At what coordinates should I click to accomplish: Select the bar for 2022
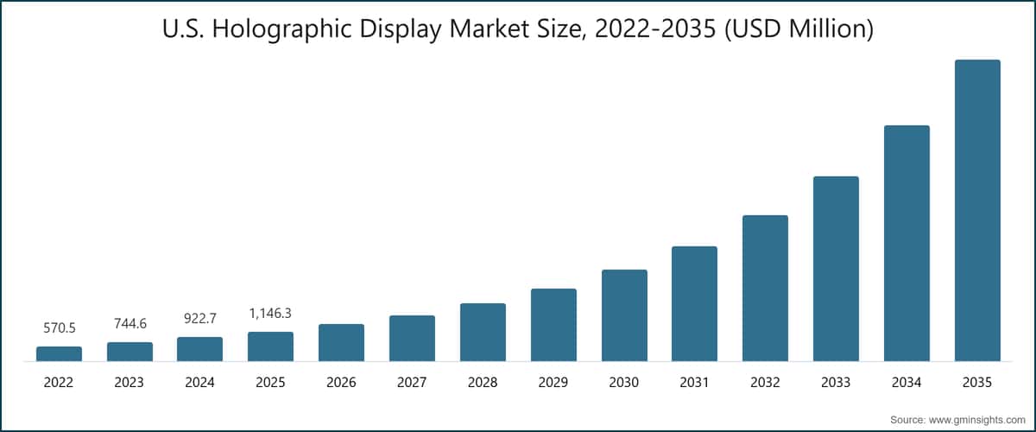[59, 353]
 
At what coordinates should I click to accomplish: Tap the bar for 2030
[624, 315]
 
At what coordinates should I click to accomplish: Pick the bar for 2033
[836, 269]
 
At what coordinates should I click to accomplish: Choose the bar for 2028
[483, 332]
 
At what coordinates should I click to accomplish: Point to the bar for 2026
[341, 342]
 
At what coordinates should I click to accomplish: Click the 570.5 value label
[59, 328]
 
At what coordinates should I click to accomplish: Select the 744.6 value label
[129, 324]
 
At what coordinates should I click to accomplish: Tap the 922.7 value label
[200, 319]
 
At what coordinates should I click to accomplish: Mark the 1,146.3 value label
[270, 314]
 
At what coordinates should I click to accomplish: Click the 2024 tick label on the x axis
[200, 382]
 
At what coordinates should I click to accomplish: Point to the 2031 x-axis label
[694, 382]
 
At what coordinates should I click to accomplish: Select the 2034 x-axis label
[906, 382]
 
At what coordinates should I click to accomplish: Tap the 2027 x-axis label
[412, 382]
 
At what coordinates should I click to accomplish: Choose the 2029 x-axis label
[553, 382]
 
